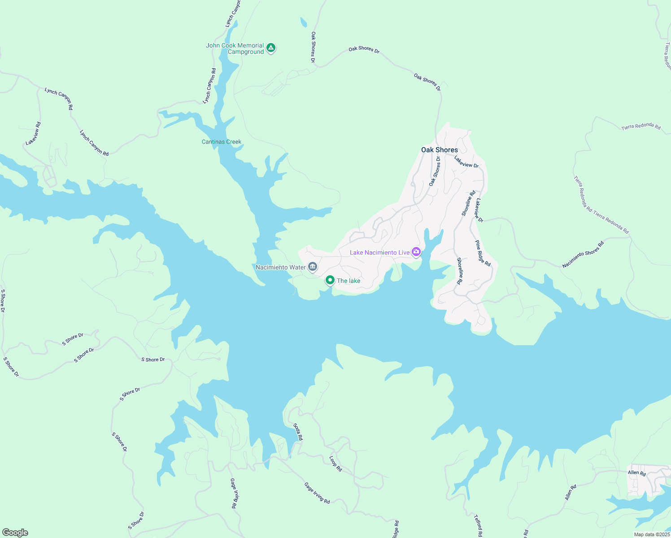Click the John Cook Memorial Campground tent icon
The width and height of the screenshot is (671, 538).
point(270,48)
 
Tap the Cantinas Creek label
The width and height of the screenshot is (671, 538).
point(222,142)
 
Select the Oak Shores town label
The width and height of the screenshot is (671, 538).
point(439,150)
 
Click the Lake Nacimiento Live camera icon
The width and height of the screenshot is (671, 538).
point(416,252)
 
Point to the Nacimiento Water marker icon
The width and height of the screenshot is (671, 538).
point(313,267)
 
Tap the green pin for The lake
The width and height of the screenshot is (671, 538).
point(330,280)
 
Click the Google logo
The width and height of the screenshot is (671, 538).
point(15,533)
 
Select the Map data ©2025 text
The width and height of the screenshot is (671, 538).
point(651,534)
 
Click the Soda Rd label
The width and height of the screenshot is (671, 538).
point(298,432)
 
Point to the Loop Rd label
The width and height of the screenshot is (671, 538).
point(335,464)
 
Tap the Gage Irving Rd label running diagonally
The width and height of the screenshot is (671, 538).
point(317,493)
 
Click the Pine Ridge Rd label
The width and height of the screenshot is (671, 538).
point(483,253)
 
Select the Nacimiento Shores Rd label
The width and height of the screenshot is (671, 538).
point(583,255)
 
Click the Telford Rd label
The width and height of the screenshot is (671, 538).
point(478,525)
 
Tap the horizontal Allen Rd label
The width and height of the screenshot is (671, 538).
point(636,473)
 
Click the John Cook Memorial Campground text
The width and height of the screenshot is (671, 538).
point(235,48)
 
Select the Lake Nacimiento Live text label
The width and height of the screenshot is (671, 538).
point(379,252)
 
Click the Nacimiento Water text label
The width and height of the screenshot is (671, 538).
point(280,267)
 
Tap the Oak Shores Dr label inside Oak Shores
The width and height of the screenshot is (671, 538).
point(435,171)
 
